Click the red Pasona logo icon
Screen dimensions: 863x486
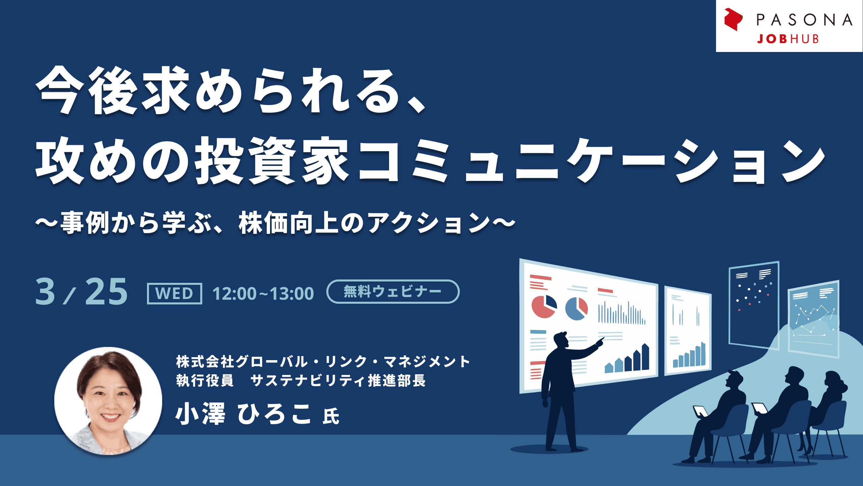733,19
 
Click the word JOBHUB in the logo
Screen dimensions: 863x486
788,39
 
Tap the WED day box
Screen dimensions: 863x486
175,294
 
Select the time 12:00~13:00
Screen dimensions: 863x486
263,293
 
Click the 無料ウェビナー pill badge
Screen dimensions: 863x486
393,292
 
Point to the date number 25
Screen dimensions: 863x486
106,292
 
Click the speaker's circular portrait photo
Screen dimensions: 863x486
108,401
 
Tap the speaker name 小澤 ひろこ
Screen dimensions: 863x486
243,414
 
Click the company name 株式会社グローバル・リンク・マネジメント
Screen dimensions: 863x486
323,361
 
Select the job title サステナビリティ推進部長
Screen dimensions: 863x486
338,380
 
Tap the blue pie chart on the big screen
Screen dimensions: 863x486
576,308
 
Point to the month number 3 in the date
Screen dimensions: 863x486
45,292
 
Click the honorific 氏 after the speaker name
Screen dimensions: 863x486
331,416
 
